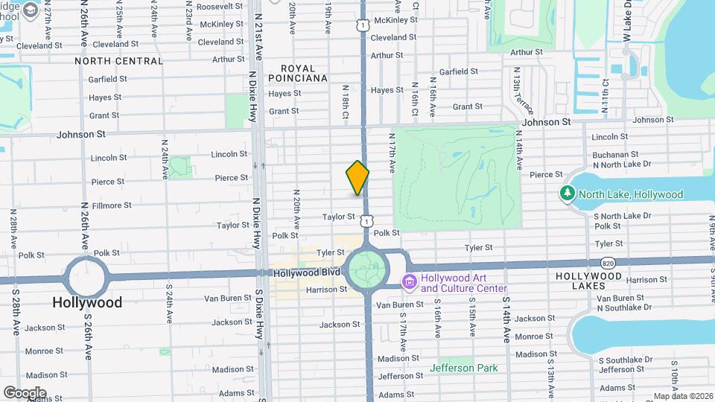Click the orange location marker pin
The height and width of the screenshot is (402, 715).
357,177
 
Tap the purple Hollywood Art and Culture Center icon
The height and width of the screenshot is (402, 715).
408,283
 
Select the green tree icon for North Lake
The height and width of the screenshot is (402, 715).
568,194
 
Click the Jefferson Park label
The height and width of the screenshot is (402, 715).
463,368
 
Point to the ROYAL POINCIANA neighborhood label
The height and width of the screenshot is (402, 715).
299,72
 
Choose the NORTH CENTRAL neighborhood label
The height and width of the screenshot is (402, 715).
118,61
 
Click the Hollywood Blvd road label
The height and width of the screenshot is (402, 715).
302,273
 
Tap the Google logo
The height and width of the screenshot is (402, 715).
25,392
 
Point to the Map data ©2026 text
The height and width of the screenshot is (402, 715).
683,396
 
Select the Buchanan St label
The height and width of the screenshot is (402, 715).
612,155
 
